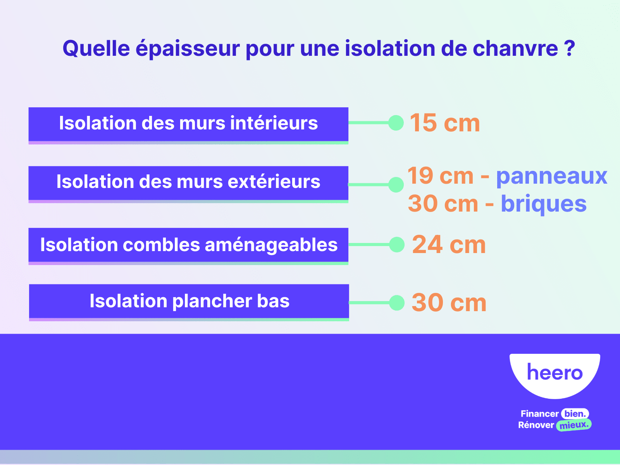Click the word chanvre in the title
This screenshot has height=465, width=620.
click(x=515, y=48)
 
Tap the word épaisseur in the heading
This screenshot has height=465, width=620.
click(x=188, y=48)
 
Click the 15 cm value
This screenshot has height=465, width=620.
click(x=445, y=123)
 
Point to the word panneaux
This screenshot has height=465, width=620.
click(x=552, y=176)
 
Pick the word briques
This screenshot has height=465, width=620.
click(x=544, y=203)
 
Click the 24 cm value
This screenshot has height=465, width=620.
click(x=449, y=245)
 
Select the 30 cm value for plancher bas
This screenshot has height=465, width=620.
click(x=449, y=303)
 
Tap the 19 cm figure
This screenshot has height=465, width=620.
click(x=440, y=176)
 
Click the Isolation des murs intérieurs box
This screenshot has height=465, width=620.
click(x=188, y=126)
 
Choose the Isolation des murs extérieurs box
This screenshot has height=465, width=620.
click(x=188, y=184)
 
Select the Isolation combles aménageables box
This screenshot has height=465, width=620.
click(x=188, y=246)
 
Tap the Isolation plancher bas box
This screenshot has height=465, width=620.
click(x=189, y=302)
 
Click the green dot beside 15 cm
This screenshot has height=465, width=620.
click(x=396, y=123)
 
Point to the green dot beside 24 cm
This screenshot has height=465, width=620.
click(x=397, y=245)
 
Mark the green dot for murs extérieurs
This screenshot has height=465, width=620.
click(x=396, y=185)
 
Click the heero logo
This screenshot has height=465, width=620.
click(x=555, y=375)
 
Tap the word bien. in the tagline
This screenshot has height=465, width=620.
click(x=575, y=413)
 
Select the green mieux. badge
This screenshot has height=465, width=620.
click(x=573, y=425)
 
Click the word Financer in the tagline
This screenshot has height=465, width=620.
click(x=539, y=414)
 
